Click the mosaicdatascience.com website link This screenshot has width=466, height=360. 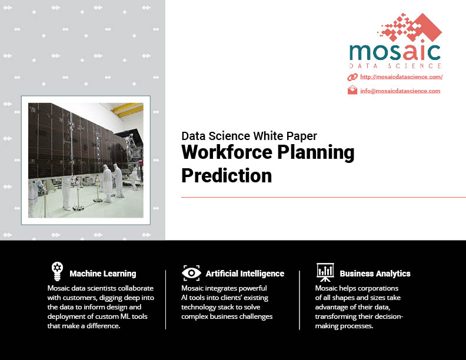click(x=401, y=77)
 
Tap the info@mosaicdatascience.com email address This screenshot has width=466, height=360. click(x=400, y=91)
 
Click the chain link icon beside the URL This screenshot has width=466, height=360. click(x=352, y=77)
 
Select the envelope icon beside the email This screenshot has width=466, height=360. click(x=352, y=90)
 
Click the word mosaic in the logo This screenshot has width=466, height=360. click(x=395, y=52)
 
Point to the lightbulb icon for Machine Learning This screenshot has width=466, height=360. click(x=57, y=271)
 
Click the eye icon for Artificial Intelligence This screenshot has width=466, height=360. click(x=191, y=273)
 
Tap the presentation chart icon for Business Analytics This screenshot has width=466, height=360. click(x=325, y=272)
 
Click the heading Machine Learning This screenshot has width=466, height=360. click(x=103, y=274)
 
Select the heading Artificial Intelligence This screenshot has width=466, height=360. click(x=245, y=274)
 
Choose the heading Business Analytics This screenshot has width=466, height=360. click(x=375, y=274)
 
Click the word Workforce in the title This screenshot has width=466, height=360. click(x=227, y=152)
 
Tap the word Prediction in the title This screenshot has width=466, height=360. click(x=227, y=175)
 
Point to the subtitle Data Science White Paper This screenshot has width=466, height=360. click(x=249, y=136)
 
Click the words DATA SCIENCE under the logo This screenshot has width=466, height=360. click(x=395, y=66)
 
